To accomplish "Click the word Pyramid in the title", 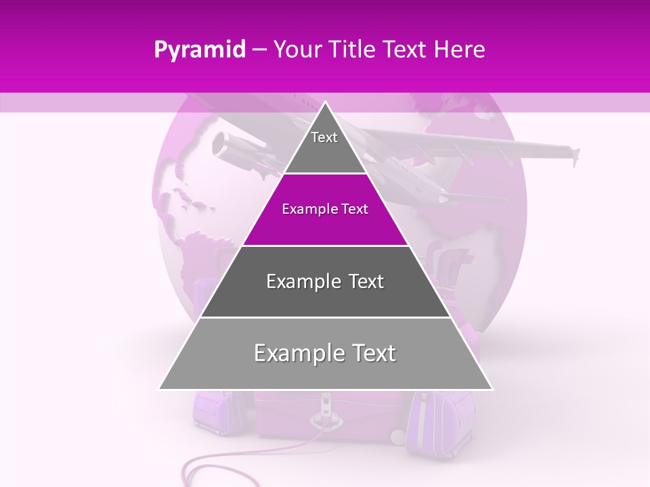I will (199, 50).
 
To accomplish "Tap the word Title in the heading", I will (354, 50).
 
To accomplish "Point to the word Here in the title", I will (460, 50).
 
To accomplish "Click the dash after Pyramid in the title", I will (259, 51).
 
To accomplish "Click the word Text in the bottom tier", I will (370, 354).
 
